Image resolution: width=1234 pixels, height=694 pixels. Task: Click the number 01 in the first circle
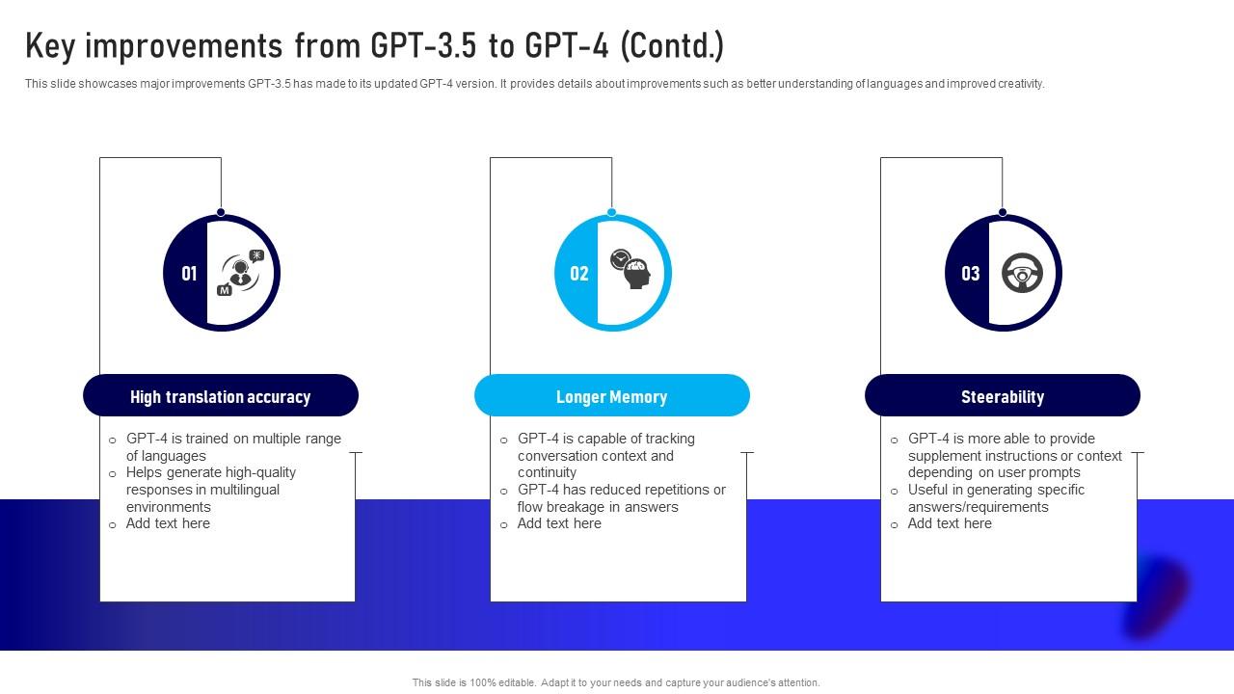tap(189, 274)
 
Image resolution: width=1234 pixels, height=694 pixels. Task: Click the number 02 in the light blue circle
tap(579, 274)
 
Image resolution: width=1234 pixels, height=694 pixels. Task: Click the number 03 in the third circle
tap(970, 274)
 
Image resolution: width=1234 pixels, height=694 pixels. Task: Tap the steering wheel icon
tap(1023, 274)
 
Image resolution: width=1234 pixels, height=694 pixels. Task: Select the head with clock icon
tap(631, 269)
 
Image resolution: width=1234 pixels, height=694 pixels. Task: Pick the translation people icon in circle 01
tap(240, 273)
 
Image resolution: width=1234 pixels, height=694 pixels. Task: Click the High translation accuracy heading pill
tap(221, 396)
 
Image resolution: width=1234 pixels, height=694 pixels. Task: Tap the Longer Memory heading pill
tap(611, 396)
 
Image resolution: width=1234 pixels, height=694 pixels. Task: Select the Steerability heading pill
tap(1003, 396)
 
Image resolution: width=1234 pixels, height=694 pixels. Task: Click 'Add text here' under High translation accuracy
tap(168, 523)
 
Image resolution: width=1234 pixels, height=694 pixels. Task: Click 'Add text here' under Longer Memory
tap(559, 523)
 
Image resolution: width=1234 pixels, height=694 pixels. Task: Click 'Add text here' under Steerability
tap(950, 523)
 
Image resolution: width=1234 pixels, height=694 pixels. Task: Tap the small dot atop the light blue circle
tap(612, 212)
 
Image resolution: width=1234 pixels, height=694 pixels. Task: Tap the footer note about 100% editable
tap(616, 682)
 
